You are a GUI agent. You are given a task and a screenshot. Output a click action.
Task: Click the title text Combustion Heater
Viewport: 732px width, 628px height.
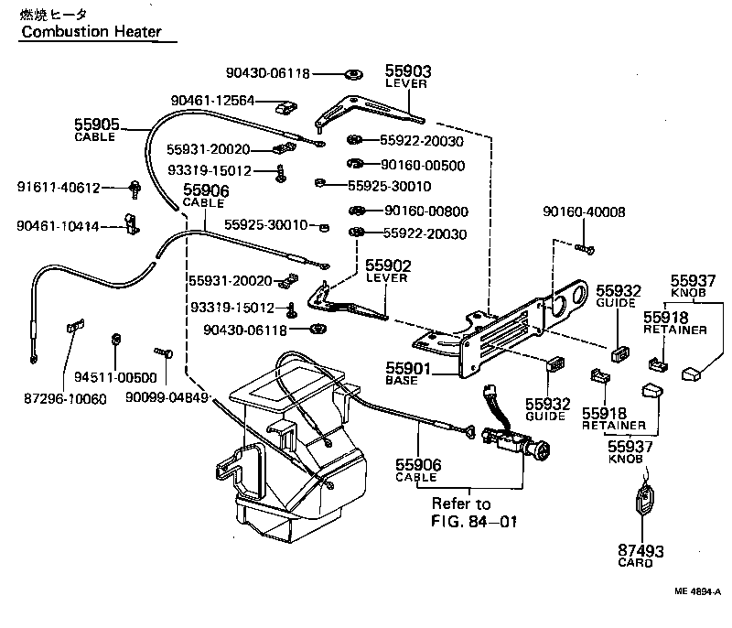[x=91, y=32]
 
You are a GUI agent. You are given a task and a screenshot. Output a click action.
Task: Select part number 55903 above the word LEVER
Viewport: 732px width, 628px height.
[x=408, y=70]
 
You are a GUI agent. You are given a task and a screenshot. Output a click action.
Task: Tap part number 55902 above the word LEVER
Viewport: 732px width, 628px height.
[x=389, y=265]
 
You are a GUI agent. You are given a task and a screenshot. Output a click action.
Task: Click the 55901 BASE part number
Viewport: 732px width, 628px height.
[x=407, y=369]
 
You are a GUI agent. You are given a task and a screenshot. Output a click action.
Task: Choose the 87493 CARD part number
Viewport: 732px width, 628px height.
[x=640, y=551]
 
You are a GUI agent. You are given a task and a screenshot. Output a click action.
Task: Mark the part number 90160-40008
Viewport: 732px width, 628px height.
[x=584, y=211]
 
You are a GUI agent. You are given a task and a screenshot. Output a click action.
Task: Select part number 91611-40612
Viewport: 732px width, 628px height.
[x=59, y=188]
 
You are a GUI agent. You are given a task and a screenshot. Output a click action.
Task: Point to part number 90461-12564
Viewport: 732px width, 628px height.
[x=212, y=101]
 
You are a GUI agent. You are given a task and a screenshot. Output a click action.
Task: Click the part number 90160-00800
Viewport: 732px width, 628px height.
[x=425, y=211]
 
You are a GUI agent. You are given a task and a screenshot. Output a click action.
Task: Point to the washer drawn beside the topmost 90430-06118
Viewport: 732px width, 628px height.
[x=352, y=73]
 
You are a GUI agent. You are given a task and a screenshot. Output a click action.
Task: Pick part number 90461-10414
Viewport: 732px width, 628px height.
[x=59, y=225]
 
